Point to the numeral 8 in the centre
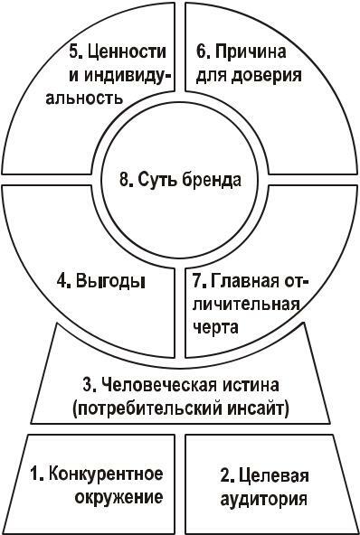[125, 178]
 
